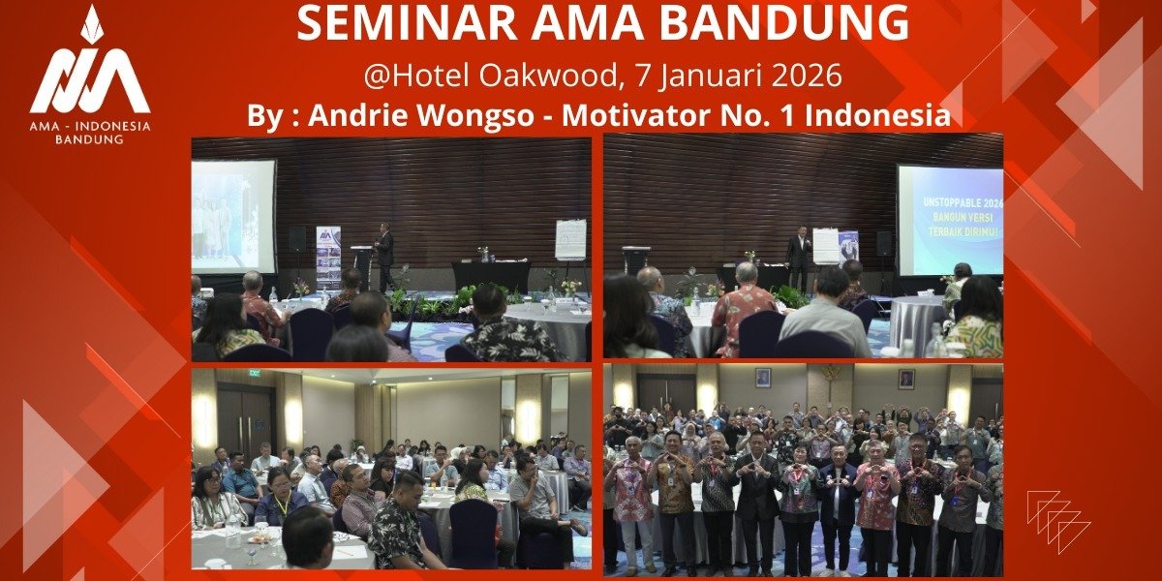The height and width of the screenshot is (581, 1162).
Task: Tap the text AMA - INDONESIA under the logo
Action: click(89, 126)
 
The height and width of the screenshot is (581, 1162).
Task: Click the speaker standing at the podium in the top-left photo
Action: click(384, 254)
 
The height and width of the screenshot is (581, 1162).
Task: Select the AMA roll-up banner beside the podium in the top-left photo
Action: click(328, 257)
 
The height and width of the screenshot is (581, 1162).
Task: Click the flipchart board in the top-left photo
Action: click(569, 239)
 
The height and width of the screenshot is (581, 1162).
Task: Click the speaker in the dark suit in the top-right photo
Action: click(799, 258)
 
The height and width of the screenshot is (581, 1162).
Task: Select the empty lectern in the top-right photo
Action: click(635, 260)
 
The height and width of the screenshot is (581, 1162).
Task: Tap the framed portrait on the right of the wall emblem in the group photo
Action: click(905, 379)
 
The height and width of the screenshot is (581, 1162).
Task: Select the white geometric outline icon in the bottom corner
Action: click(1057, 521)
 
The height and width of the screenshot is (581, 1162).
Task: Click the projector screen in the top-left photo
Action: click(232, 215)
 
